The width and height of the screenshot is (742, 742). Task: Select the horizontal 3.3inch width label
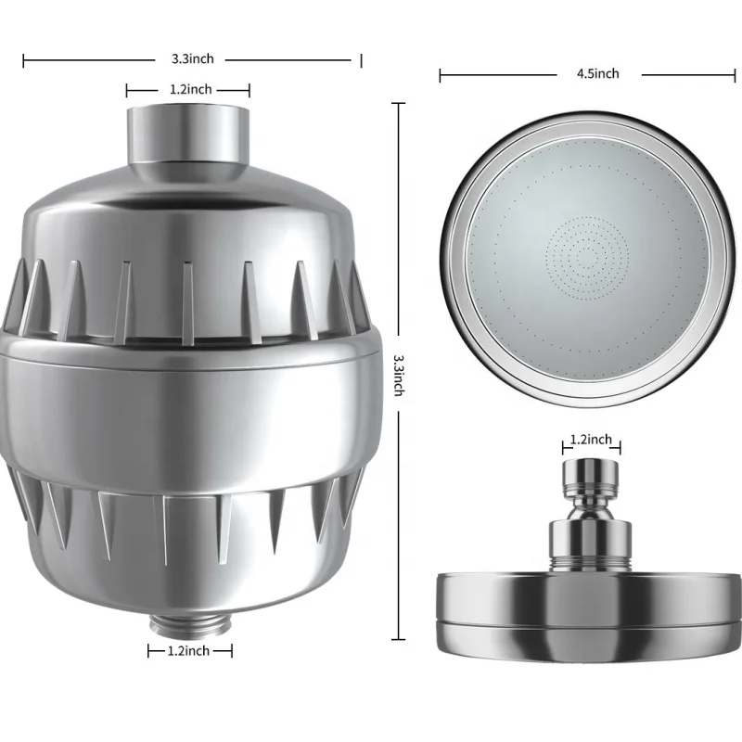[x=192, y=58]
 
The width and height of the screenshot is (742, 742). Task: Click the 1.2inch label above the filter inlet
[x=189, y=90]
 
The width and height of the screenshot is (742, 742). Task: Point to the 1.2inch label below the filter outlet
[x=190, y=651]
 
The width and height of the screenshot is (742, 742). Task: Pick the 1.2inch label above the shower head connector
[x=590, y=439]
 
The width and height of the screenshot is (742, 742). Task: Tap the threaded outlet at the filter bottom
[x=190, y=620]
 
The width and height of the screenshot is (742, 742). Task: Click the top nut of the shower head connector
[x=590, y=473]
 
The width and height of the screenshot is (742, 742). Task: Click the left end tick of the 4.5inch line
[x=441, y=74]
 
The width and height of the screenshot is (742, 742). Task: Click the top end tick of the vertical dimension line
[x=400, y=103]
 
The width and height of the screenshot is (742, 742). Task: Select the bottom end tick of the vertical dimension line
[x=400, y=640]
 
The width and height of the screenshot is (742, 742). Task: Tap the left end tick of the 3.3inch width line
[x=24, y=59]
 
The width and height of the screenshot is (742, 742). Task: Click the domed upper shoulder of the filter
[x=190, y=209]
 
